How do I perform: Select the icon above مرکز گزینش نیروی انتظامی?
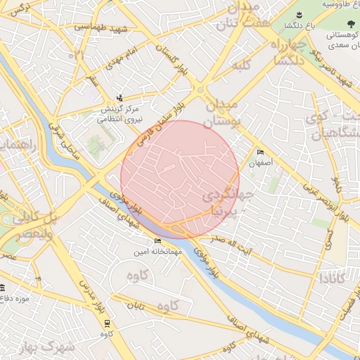[x=120, y=98]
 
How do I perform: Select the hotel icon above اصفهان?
[x=261, y=153]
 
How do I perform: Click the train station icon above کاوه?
[x=106, y=323]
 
